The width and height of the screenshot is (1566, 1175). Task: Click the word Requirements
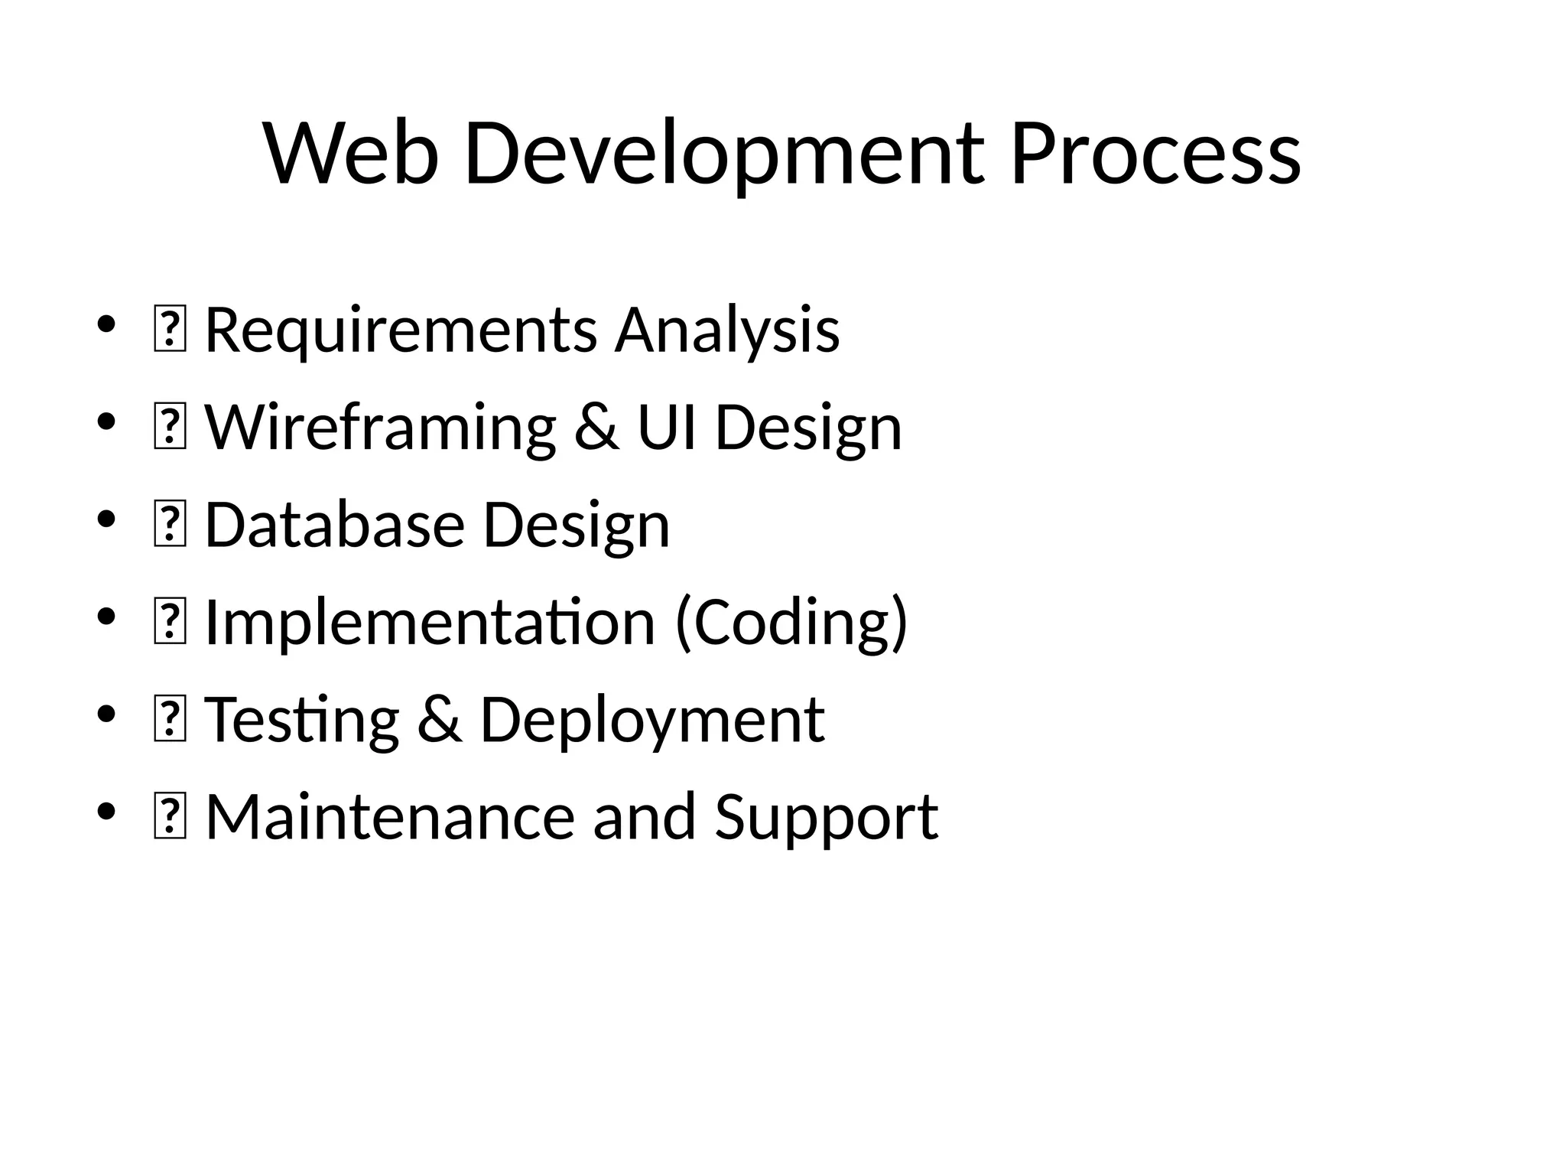click(x=401, y=330)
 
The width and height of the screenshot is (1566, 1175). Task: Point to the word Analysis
click(x=727, y=330)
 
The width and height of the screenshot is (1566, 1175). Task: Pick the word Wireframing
click(x=380, y=428)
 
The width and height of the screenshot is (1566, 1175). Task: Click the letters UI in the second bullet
click(x=667, y=428)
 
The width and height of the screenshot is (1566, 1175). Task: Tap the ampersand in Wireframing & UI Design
click(x=596, y=428)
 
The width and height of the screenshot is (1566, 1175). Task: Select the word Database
click(x=334, y=525)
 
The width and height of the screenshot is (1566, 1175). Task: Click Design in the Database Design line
click(x=577, y=525)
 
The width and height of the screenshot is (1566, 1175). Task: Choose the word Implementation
click(x=430, y=622)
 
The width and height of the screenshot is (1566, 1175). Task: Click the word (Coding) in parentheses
click(x=791, y=622)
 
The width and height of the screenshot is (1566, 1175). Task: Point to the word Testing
click(x=302, y=720)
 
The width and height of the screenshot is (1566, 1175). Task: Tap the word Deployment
click(x=651, y=720)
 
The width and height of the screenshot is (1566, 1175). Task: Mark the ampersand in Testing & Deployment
click(x=440, y=720)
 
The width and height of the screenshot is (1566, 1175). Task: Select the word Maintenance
click(x=389, y=817)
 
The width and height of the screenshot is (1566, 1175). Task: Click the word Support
click(x=826, y=817)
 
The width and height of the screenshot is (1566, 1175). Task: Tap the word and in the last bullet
click(x=645, y=817)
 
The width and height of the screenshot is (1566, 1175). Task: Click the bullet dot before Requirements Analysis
click(x=106, y=324)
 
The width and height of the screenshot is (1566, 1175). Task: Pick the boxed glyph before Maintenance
click(x=170, y=818)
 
